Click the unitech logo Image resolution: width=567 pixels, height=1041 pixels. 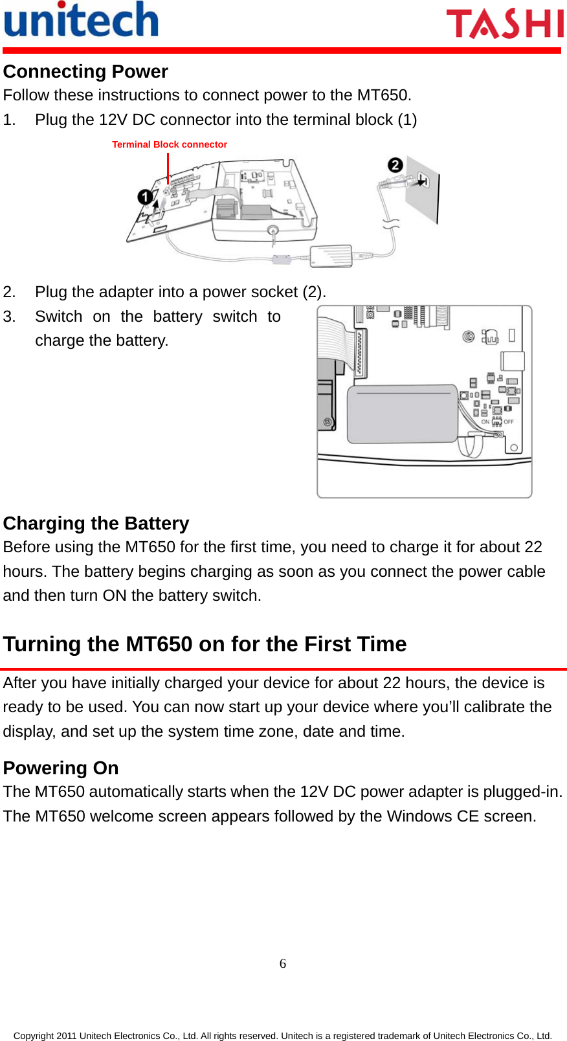[81, 19]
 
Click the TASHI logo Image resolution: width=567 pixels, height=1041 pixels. [505, 23]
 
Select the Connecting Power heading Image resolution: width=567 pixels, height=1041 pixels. [85, 71]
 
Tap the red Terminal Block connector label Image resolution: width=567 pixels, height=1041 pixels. [170, 144]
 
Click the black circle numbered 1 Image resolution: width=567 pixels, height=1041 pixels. [145, 197]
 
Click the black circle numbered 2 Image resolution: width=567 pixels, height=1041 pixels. [395, 166]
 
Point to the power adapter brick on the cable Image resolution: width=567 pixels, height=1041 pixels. [331, 256]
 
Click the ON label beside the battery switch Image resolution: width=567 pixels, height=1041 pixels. [485, 422]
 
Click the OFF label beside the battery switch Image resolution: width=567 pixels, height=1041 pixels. [509, 422]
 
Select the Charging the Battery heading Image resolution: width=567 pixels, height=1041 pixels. [96, 523]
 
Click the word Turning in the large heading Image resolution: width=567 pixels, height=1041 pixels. [42, 644]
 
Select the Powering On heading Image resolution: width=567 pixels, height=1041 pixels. [61, 768]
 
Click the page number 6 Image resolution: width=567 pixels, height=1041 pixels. [283, 963]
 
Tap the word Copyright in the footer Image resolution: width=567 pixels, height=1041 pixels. [34, 1035]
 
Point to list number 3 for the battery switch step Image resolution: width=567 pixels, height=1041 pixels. [9, 317]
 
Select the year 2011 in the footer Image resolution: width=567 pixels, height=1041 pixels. [67, 1035]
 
